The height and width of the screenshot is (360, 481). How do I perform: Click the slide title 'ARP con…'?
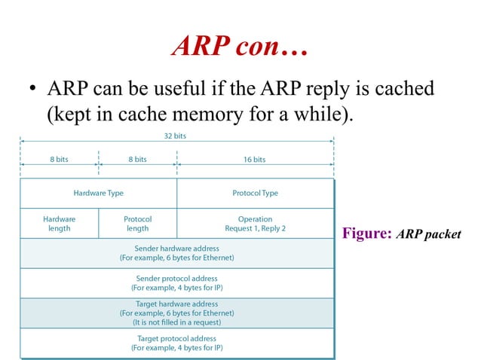pyautogui.click(x=240, y=47)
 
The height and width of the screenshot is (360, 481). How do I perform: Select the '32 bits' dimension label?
pyautogui.click(x=175, y=136)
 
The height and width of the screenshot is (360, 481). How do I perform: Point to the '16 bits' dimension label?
pyautogui.click(x=254, y=160)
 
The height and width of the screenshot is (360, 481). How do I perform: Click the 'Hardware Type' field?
pyautogui.click(x=98, y=194)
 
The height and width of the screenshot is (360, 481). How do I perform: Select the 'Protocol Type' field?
pyautogui.click(x=255, y=194)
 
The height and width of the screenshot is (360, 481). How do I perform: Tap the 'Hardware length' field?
pyautogui.click(x=59, y=224)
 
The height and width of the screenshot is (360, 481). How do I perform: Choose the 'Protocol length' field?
pyautogui.click(x=137, y=224)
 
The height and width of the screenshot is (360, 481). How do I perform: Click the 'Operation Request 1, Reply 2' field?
pyautogui.click(x=255, y=224)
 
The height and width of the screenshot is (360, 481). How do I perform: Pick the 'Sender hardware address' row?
pyautogui.click(x=176, y=253)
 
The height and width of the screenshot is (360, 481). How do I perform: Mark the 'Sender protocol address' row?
pyautogui.click(x=176, y=283)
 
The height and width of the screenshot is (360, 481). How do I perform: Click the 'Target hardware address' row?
pyautogui.click(x=176, y=313)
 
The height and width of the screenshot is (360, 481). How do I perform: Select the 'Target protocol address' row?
pyautogui.click(x=176, y=343)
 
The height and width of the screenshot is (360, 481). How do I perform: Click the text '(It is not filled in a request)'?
pyautogui.click(x=176, y=322)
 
